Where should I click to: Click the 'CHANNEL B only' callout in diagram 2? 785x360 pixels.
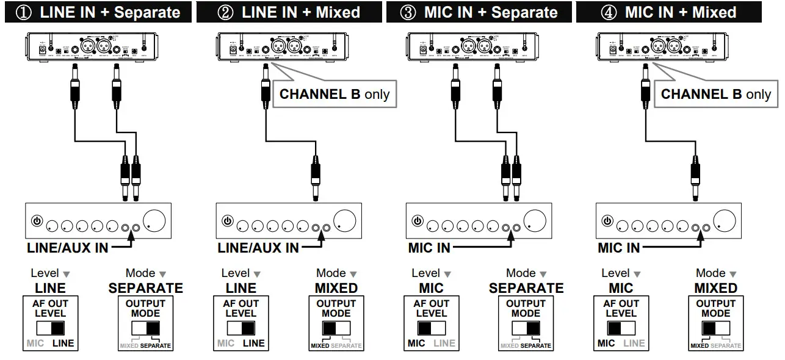334,95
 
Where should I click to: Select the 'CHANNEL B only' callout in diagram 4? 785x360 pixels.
715,95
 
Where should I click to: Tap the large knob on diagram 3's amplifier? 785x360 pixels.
535,220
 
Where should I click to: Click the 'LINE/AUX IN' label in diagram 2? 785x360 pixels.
258,248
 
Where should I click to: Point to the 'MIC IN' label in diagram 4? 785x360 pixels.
618,248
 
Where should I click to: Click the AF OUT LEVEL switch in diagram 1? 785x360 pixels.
51,328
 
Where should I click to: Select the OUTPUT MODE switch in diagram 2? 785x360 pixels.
336,328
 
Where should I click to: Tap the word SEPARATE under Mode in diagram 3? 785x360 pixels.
526,287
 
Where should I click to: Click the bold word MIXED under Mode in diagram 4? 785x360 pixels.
715,287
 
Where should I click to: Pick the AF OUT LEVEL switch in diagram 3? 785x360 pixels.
431,328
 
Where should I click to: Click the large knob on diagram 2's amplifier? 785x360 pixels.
345,220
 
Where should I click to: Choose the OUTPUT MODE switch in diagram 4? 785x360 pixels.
715,328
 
